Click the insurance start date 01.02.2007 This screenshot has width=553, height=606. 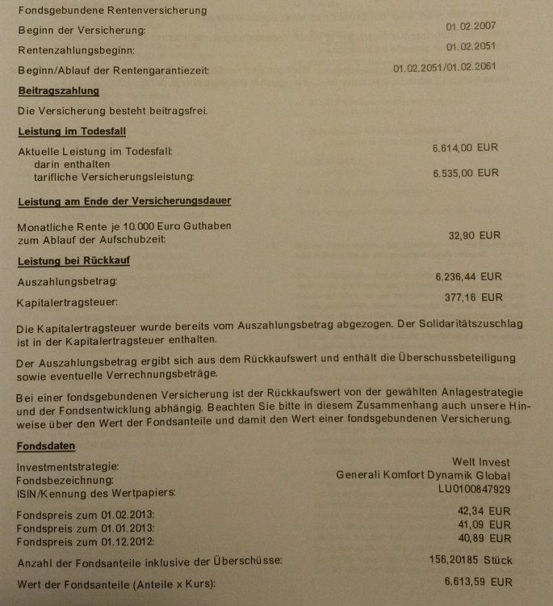pos(471,27)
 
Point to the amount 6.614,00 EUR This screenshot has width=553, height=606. pos(465,149)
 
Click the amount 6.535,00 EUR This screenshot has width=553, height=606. pos(465,173)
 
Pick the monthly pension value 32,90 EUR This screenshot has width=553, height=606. pos(474,236)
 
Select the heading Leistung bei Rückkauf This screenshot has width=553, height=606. pos(73,261)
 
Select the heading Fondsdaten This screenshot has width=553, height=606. pos(46,445)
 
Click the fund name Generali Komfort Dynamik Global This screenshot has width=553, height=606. pos(423,475)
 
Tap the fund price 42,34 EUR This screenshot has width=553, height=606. pos(482,510)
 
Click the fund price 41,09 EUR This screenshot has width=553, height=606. pos(482,524)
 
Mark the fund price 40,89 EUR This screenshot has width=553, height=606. pos(482,537)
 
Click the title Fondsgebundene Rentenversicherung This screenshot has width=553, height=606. pos(111,11)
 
